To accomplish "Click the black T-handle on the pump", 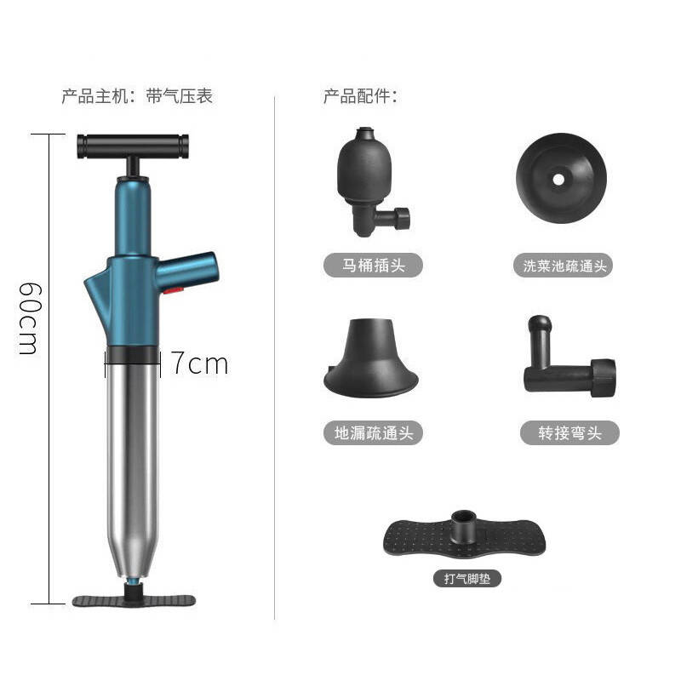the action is pos(133,146).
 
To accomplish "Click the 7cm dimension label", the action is pos(199,364).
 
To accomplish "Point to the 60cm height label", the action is pos(30,318).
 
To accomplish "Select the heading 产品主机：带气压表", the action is pos(137,96).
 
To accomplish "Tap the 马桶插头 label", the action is pos(373,266).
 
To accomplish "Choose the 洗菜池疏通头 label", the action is pos(564,266).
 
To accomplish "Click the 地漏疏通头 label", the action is pos(373,433).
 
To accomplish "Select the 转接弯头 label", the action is pos(569,433).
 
